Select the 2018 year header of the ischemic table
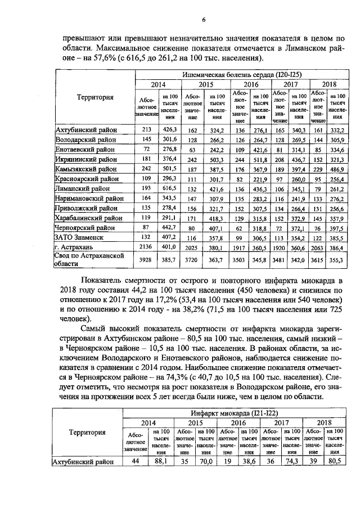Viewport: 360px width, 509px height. pos(328,84)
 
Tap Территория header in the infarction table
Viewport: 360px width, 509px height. pos(87,433)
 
